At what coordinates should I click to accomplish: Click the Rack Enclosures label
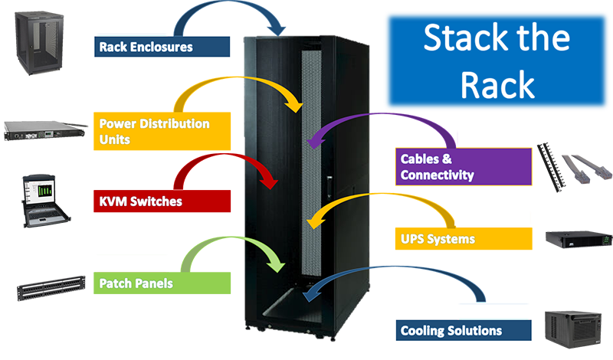click(x=146, y=47)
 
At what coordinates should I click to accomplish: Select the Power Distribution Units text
click(x=154, y=131)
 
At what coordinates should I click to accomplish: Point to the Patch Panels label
click(x=136, y=283)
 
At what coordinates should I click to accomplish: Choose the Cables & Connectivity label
click(x=437, y=167)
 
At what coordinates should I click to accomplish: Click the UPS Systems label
click(x=438, y=239)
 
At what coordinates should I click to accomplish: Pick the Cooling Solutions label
click(x=451, y=331)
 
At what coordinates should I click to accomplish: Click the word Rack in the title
click(x=497, y=86)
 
